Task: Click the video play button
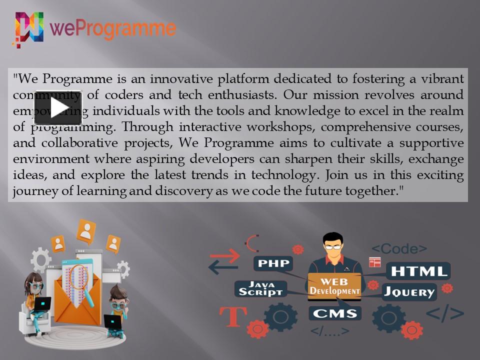coord(58,108)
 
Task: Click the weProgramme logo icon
coord(28,29)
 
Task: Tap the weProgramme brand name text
coord(113,28)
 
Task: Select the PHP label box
coord(272,263)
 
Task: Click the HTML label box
coord(418,271)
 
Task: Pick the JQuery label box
coord(409,291)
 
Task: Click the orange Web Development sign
coord(334,285)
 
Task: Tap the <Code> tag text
coord(399,248)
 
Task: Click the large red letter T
coord(233,316)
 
